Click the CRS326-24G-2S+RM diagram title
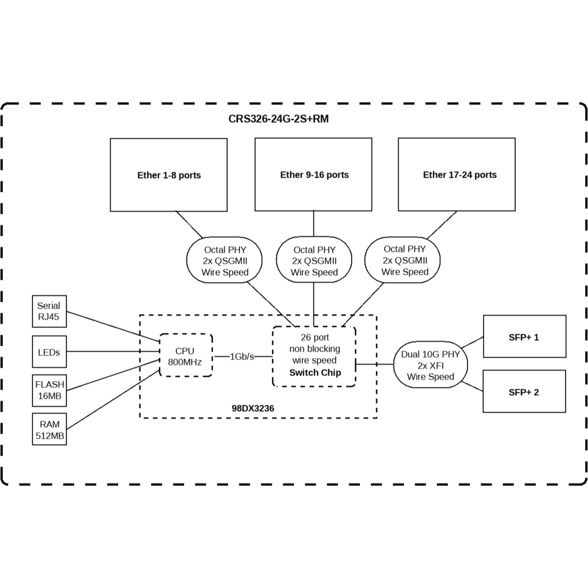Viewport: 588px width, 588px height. pos(278,119)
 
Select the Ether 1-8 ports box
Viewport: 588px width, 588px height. pos(169,175)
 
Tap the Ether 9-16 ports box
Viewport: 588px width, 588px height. pos(313,175)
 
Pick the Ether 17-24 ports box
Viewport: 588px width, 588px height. pos(457,175)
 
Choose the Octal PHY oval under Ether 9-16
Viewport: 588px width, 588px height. pos(314,260)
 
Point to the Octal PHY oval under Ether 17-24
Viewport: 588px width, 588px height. pos(405,260)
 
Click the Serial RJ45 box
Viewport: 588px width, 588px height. pos(49,312)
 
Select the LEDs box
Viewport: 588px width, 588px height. pos(49,352)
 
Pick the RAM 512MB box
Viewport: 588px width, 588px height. pos(49,429)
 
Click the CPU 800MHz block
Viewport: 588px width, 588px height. pos(186,356)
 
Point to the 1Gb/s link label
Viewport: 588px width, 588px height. pos(242,356)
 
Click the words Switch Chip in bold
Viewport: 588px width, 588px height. pos(315,373)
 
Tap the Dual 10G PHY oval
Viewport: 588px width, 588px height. pos(431,365)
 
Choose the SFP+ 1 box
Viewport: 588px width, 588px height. pos(524,337)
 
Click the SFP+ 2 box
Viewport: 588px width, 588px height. pos(524,391)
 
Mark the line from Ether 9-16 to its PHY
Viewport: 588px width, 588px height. pos(313,223)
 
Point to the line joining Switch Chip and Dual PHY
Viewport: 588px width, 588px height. pos(375,364)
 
